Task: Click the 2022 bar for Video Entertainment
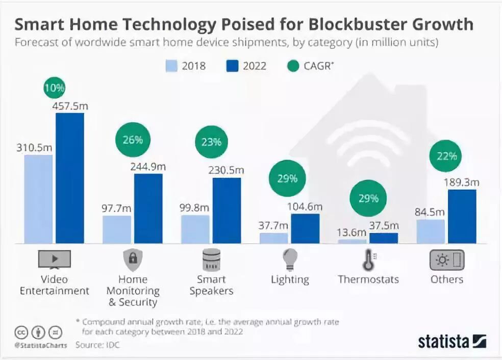pos(70,178)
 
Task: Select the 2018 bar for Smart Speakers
pos(195,229)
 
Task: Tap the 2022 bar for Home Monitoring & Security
pos(148,209)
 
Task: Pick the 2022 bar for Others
pos(462,216)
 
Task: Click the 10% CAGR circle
pos(54,88)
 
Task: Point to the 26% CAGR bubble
pos(133,140)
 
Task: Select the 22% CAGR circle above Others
pos(446,156)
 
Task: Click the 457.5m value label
pos(70,106)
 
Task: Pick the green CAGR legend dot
pos(293,66)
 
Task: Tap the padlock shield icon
pos(133,260)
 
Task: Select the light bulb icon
pos(289,260)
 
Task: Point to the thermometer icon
pos(368,260)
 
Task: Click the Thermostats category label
pos(368,279)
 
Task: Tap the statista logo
pos(452,341)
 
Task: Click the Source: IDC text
pos(97,345)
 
